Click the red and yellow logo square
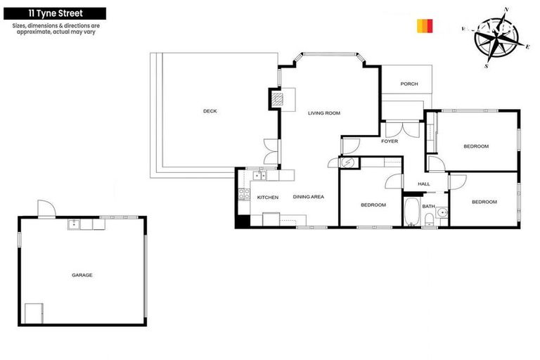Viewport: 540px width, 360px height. tap(425, 26)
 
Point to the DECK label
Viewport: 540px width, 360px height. tap(210, 111)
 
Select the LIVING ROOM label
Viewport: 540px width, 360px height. tap(324, 113)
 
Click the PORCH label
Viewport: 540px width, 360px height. tap(409, 84)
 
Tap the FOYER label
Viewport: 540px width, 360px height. tap(390, 141)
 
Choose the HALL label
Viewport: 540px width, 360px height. tap(424, 184)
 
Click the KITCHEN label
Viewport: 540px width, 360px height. tap(268, 198)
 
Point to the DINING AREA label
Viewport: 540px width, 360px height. tap(308, 198)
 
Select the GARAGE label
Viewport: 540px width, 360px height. tap(82, 275)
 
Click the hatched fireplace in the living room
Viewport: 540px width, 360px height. tap(279, 98)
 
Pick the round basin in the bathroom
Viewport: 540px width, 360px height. tap(441, 212)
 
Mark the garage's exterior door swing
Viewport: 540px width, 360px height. tap(46, 209)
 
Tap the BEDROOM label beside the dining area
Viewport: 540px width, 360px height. tap(373, 205)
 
